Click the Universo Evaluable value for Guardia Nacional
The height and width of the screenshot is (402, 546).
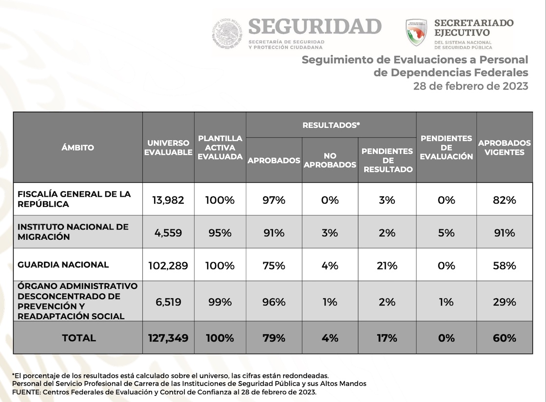(168, 266)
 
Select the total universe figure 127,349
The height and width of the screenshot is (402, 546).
(168, 338)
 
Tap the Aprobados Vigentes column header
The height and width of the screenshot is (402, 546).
(504, 148)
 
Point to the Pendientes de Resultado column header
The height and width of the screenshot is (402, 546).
(387, 160)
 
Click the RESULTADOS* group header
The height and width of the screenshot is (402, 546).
(331, 125)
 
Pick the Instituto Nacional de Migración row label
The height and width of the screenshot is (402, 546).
(73, 232)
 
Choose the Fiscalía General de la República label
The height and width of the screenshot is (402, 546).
(74, 199)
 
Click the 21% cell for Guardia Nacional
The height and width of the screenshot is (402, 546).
(387, 266)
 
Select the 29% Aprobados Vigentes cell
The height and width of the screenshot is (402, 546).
(504, 302)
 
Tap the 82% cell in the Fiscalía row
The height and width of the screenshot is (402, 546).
(504, 200)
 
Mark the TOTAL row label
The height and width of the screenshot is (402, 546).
(78, 338)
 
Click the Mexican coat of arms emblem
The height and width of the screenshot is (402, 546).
(227, 34)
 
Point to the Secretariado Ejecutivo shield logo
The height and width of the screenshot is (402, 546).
(416, 33)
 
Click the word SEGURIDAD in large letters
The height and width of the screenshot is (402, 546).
(315, 27)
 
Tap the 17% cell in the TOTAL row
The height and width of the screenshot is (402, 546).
(387, 338)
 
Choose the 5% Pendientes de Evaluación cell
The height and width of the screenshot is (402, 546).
(446, 233)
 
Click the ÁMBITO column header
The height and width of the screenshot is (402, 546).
(78, 148)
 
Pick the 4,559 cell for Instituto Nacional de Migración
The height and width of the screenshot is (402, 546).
(168, 233)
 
